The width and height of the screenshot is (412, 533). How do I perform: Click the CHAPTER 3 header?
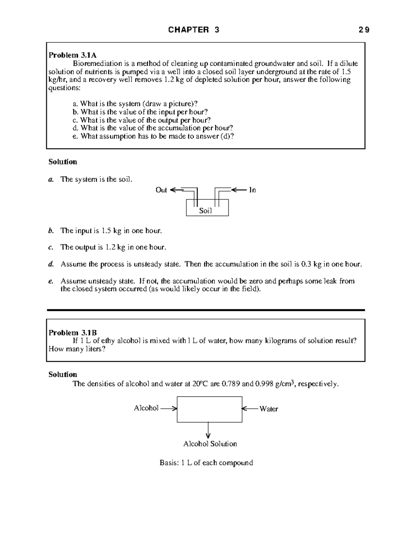coord(194,30)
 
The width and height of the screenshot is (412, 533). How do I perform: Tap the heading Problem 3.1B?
coord(72,333)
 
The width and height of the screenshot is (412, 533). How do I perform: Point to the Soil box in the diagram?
coord(207,208)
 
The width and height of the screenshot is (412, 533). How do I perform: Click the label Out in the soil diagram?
coord(161,190)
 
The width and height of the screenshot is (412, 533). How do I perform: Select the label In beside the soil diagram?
coord(252,190)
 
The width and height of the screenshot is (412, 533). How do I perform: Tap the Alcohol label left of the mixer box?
coord(146,408)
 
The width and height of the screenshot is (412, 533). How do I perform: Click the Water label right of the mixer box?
coord(268,409)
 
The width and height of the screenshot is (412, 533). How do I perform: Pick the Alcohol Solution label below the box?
coord(210,444)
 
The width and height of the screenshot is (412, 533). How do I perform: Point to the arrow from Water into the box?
coord(250,408)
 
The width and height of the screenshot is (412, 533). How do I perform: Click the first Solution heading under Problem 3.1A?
coord(63,162)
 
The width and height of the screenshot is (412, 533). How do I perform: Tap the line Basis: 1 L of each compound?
coord(206,463)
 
